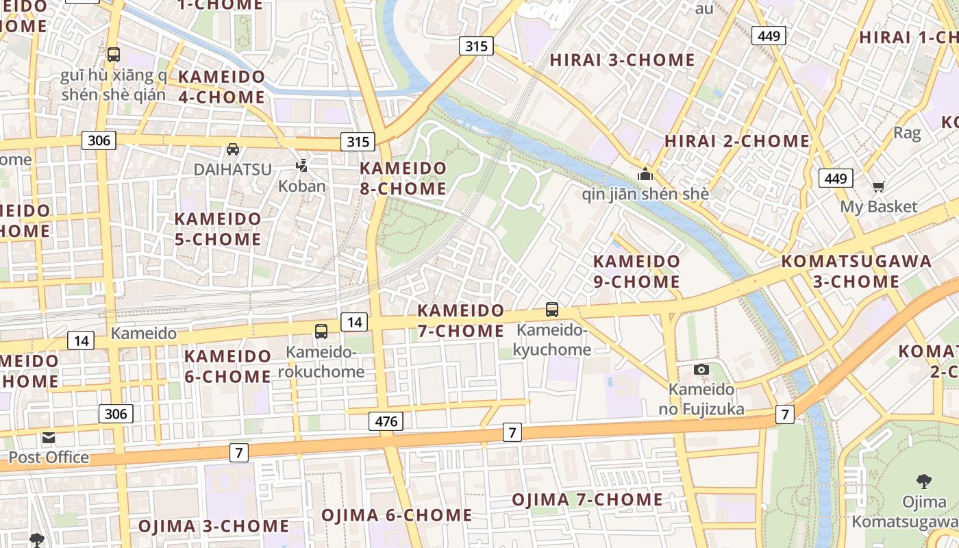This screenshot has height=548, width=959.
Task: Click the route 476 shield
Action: click(386, 421)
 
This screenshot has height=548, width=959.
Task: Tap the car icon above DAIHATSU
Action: click(233, 149)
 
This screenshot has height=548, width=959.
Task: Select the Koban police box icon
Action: click(302, 165)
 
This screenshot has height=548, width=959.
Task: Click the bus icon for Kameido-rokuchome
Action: click(321, 332)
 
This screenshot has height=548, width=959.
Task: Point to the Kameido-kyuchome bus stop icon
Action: click(552, 310)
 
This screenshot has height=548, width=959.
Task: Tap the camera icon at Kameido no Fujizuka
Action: click(701, 370)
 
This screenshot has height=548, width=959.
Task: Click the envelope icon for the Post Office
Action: click(48, 438)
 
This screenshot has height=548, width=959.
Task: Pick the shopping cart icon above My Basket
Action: click(878, 186)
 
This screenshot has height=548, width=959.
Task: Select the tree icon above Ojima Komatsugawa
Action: click(923, 482)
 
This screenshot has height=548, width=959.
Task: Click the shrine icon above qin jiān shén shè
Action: click(645, 174)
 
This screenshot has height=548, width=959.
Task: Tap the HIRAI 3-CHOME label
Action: click(622, 60)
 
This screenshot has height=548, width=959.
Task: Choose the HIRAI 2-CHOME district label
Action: click(737, 142)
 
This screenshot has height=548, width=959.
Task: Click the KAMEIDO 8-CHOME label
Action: click(403, 178)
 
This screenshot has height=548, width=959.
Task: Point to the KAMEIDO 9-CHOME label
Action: click(636, 271)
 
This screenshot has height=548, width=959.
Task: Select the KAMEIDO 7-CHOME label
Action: click(460, 321)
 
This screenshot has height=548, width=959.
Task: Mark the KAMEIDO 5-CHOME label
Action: click(218, 229)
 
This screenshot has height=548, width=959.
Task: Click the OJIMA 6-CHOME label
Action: click(397, 515)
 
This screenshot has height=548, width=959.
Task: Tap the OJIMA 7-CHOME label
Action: click(587, 499)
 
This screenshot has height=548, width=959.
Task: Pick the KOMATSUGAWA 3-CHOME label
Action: click(856, 271)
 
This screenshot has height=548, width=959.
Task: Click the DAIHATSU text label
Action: click(233, 169)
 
